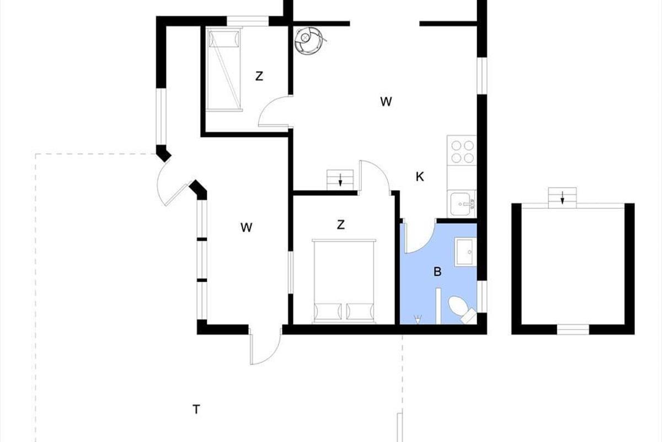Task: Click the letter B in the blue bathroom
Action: [x=437, y=271]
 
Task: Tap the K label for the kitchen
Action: [x=420, y=177]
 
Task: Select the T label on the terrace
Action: [x=196, y=409]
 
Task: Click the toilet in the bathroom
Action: [x=461, y=311]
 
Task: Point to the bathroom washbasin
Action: [x=466, y=252]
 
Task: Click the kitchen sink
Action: [x=461, y=204]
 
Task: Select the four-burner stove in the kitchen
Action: [x=462, y=151]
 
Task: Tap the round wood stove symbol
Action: [x=309, y=40]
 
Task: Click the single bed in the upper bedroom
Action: [x=224, y=69]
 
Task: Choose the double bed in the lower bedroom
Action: [x=344, y=281]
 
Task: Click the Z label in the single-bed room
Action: [x=259, y=76]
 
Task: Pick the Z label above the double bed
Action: [x=341, y=225]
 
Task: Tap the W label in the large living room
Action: [x=386, y=102]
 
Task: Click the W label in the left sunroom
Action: [x=247, y=228]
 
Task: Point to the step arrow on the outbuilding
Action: [x=562, y=197]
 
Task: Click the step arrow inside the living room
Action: [x=340, y=180]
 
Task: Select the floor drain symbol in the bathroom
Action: [x=418, y=319]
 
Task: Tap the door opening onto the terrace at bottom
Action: [x=265, y=346]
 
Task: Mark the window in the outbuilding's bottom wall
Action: [x=573, y=329]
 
